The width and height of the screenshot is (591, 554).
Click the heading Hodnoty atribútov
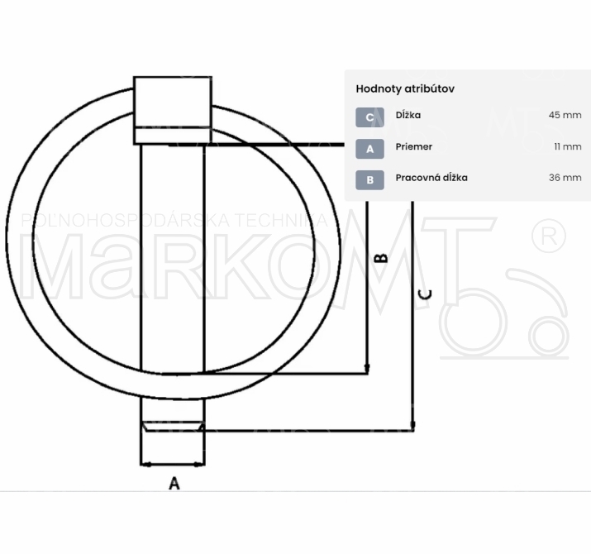point(405,89)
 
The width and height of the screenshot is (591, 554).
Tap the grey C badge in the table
point(369,117)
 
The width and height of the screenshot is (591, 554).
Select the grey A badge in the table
point(369,149)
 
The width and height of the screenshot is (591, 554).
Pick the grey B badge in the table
point(369,180)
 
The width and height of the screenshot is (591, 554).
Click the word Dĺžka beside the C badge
point(408,115)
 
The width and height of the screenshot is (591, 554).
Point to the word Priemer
point(414,146)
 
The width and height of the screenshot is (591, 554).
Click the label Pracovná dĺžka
point(431,178)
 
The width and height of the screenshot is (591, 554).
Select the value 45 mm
point(565,115)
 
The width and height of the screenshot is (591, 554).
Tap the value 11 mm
point(568,146)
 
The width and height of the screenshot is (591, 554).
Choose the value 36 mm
point(565,178)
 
